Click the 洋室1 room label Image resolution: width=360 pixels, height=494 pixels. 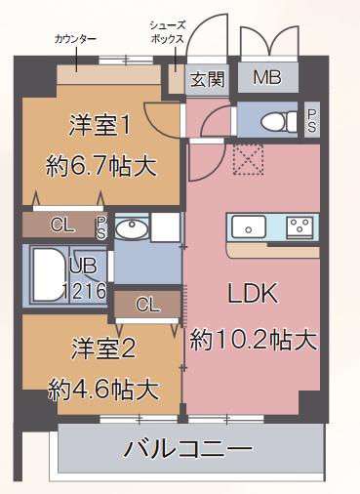pyautogui.click(x=100, y=125)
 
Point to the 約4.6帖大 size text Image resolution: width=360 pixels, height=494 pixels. pyautogui.click(x=103, y=390)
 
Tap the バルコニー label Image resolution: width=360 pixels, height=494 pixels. pyautogui.click(x=188, y=450)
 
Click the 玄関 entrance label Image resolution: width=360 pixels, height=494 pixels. pyautogui.click(x=207, y=79)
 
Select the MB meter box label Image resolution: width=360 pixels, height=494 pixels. pyautogui.click(x=266, y=79)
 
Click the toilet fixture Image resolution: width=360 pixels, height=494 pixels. pyautogui.click(x=277, y=123)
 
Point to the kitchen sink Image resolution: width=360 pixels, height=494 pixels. pyautogui.click(x=251, y=227)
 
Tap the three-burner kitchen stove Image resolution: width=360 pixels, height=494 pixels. pyautogui.click(x=300, y=227)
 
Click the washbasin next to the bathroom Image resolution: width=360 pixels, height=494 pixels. pyautogui.click(x=131, y=229)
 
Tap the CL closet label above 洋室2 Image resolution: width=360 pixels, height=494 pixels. pyautogui.click(x=147, y=305)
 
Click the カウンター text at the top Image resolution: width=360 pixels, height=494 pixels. pyautogui.click(x=75, y=38)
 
